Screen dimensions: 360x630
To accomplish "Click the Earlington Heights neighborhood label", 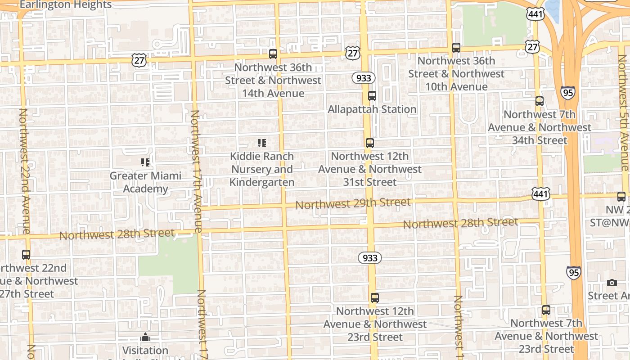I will [x=66, y=5].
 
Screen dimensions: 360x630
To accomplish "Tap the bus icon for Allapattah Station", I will [x=372, y=96].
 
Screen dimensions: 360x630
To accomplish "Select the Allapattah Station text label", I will [x=372, y=109].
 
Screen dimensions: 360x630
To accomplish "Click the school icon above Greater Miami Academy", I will [x=145, y=162].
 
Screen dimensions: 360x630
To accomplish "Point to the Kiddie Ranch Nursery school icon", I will [x=261, y=143].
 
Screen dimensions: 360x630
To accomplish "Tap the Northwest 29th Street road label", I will [x=353, y=203].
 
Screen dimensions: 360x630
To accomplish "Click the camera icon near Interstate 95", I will [x=612, y=283].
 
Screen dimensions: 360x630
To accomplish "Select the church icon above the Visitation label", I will [x=145, y=337].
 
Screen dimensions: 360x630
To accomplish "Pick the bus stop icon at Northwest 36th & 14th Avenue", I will [x=273, y=54].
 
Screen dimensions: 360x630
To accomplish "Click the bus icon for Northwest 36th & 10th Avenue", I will [x=456, y=48].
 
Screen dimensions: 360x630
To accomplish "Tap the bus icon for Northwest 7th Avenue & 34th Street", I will [x=540, y=101].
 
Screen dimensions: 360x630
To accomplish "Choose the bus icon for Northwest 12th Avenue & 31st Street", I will [x=370, y=143].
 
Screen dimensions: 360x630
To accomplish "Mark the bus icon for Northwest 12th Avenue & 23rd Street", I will [x=375, y=298].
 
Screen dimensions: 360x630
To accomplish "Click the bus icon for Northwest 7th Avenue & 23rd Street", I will [x=546, y=310].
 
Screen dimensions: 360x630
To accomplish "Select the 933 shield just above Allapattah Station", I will [x=363, y=78].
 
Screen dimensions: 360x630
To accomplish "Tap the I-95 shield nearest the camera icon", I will [x=574, y=272].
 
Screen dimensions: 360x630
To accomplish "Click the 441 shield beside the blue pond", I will [x=535, y=14].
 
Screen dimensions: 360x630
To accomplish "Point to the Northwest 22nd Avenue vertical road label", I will [x=24, y=171].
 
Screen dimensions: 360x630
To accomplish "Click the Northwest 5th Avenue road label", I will [x=624, y=112].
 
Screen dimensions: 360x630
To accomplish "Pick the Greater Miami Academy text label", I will [x=145, y=182].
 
